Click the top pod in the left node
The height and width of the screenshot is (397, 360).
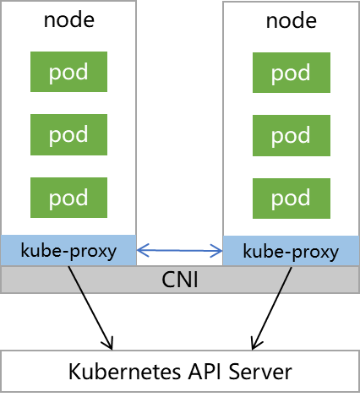(68, 72)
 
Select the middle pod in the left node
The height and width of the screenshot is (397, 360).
(68, 134)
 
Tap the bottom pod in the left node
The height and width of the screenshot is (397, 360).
(68, 198)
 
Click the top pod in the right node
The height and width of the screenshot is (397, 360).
(292, 73)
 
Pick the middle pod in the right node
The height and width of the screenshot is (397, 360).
(292, 135)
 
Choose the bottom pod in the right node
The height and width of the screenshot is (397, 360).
(292, 198)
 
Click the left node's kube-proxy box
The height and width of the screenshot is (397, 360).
(68, 250)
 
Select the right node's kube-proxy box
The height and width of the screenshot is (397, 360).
(292, 251)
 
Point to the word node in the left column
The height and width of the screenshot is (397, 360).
(69, 20)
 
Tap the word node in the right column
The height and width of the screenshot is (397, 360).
(292, 21)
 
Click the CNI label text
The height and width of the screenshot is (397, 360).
(180, 280)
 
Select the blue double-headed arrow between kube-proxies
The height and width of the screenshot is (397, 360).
(180, 250)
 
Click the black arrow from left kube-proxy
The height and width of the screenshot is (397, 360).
(90, 308)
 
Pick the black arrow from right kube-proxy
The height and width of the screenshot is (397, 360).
(272, 308)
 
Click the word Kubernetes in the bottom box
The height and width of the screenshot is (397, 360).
(124, 372)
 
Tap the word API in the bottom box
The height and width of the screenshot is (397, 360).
(205, 372)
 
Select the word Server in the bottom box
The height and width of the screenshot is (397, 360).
(260, 372)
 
